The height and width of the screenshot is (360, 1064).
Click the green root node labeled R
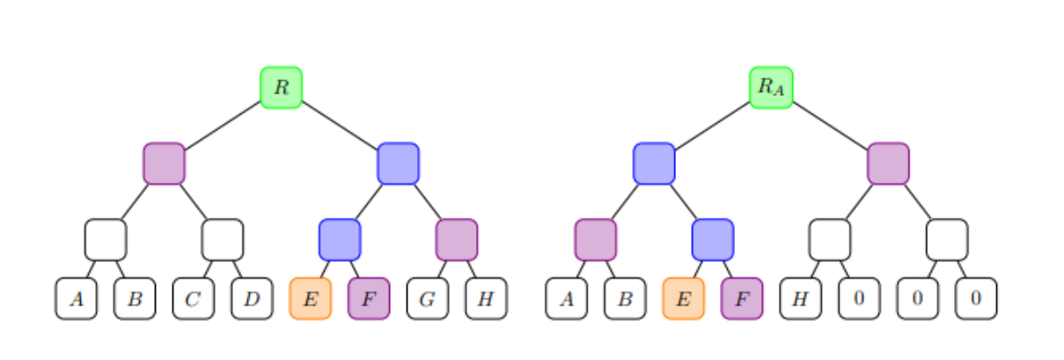click(282, 87)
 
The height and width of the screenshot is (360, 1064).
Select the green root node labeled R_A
click(771, 87)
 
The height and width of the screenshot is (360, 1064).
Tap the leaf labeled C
click(194, 298)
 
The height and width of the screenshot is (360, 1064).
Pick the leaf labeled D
click(253, 298)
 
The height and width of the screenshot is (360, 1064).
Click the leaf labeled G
click(428, 298)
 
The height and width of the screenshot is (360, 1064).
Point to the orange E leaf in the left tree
click(311, 298)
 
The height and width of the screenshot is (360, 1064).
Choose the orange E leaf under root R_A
click(684, 298)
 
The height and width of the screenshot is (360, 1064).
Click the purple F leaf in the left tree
click(369, 298)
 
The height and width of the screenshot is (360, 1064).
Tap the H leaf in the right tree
click(800, 298)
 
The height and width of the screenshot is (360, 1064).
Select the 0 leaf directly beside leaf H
click(859, 298)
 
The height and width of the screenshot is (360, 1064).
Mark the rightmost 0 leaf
click(976, 298)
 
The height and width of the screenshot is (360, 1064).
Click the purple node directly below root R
click(164, 164)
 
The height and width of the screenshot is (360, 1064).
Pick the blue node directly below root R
click(398, 164)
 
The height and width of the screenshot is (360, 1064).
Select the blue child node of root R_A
click(654, 164)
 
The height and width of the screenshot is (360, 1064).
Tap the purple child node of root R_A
click(888, 164)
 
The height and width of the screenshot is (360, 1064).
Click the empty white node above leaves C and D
click(223, 239)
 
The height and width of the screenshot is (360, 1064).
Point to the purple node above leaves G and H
click(457, 239)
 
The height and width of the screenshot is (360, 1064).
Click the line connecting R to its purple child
click(223, 125)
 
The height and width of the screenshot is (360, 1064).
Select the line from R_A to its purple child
click(830, 125)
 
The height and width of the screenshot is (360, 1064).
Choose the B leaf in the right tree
click(625, 298)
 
